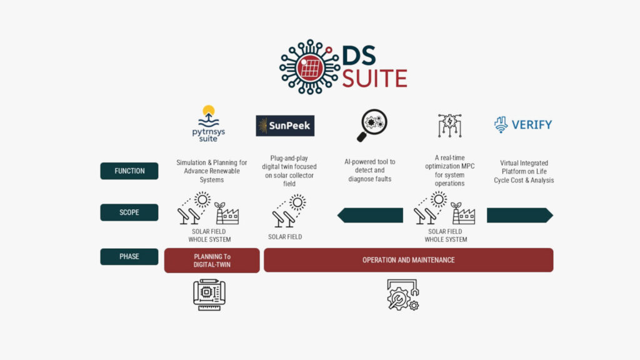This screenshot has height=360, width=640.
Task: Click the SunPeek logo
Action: [x=285, y=126]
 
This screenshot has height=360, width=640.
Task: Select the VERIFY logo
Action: [x=523, y=124]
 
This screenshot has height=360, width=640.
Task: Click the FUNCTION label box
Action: [x=129, y=171]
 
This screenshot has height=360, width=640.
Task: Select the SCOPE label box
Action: [x=129, y=212]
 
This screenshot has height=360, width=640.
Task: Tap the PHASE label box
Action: [x=129, y=256]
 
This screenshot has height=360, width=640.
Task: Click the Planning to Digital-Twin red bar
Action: [x=212, y=260]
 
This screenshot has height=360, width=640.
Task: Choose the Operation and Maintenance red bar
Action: [x=408, y=260]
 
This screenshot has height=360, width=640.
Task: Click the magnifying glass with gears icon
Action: [x=371, y=125]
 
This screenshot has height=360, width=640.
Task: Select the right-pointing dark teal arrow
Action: [x=519, y=216]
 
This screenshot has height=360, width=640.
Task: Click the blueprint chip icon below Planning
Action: [x=209, y=294]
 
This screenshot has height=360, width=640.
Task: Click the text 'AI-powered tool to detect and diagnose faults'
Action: [x=371, y=171]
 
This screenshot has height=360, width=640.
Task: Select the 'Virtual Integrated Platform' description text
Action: [x=524, y=172]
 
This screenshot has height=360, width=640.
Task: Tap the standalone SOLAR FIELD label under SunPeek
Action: [x=285, y=237]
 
